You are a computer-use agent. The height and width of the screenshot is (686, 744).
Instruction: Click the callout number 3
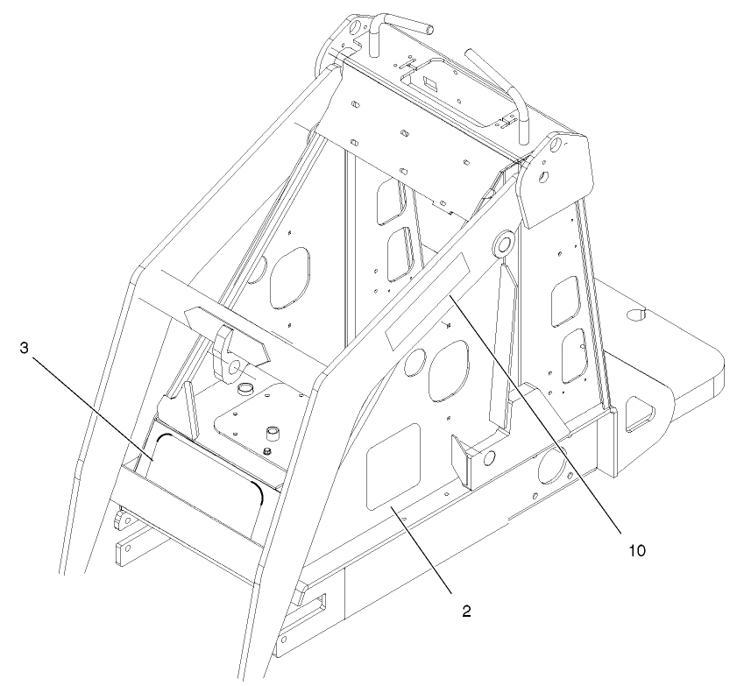tap(25, 347)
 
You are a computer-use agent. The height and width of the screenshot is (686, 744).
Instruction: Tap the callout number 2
tap(466, 611)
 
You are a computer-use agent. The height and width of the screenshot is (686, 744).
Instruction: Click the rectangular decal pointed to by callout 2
tap(392, 465)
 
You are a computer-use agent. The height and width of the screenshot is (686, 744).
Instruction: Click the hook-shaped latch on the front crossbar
tap(230, 346)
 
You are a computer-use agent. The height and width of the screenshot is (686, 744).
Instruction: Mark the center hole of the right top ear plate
tap(544, 178)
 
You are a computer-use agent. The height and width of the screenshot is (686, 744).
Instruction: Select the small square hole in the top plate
tap(429, 82)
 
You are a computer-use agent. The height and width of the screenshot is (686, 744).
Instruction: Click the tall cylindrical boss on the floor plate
tap(273, 435)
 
